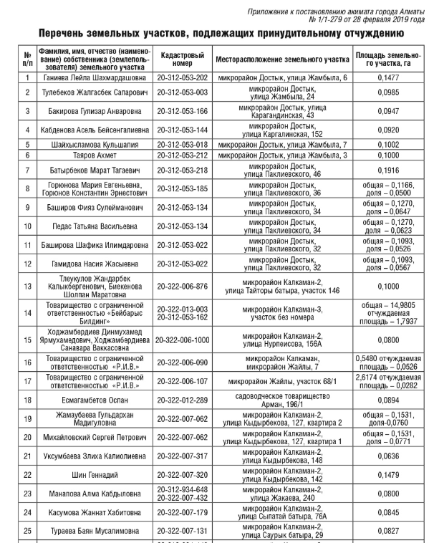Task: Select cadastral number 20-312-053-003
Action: click(x=183, y=92)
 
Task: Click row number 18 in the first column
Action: click(x=27, y=400)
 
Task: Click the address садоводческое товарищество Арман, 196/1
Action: click(x=281, y=400)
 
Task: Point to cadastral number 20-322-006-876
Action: click(x=183, y=287)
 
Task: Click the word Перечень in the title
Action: click(x=67, y=33)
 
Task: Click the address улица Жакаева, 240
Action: click(x=281, y=497)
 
